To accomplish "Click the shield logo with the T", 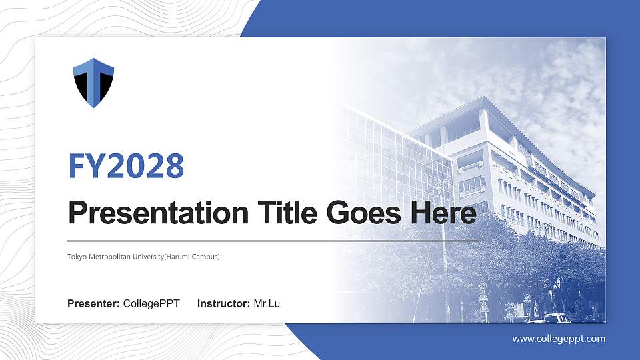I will point(93,82).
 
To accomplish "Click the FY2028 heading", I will point(126,166).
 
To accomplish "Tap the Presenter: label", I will point(93,304).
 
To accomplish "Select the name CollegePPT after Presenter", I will point(151,304).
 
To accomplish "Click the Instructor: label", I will point(224,304).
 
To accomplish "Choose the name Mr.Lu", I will point(267,304).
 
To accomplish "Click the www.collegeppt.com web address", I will point(559,339).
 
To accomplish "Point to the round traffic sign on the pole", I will point(483,286).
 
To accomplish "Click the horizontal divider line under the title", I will point(274,241).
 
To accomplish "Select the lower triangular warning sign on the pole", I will point(483,307).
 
